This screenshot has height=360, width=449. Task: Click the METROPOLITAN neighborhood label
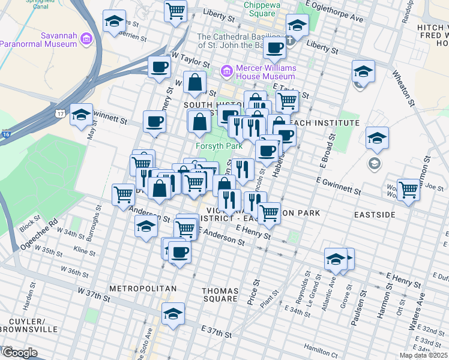143,289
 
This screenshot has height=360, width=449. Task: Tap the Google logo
19,352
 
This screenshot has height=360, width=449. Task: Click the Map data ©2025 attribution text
423,355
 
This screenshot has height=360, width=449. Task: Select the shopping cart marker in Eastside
408,189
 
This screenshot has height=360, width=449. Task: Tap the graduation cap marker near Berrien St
114,22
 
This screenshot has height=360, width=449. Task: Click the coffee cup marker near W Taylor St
159,67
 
